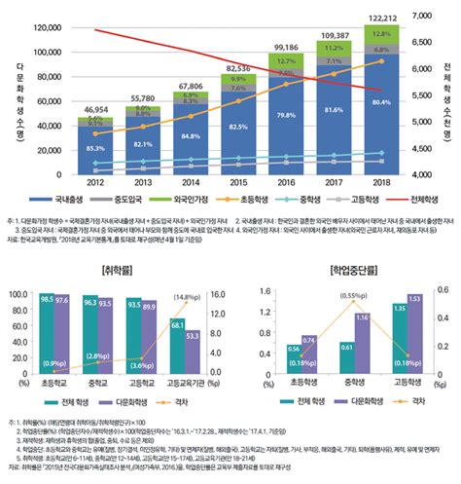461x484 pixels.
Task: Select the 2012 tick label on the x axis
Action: click(95, 182)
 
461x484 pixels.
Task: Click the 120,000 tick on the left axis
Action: click(47, 28)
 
